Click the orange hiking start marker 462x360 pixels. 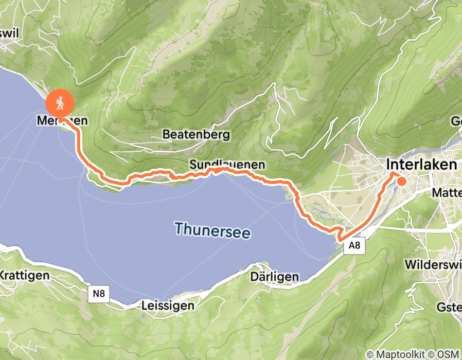click(60, 103)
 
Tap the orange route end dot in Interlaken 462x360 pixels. click(401, 181)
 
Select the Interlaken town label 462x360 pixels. click(421, 165)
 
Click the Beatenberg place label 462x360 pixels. click(196, 135)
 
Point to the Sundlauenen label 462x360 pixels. click(227, 165)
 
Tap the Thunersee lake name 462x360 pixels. click(212, 230)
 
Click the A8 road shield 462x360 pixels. click(354, 246)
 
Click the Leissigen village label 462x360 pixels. click(168, 306)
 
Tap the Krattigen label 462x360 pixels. click(25, 275)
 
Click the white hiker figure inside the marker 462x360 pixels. click(60, 103)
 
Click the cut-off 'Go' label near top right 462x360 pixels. click(456, 121)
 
